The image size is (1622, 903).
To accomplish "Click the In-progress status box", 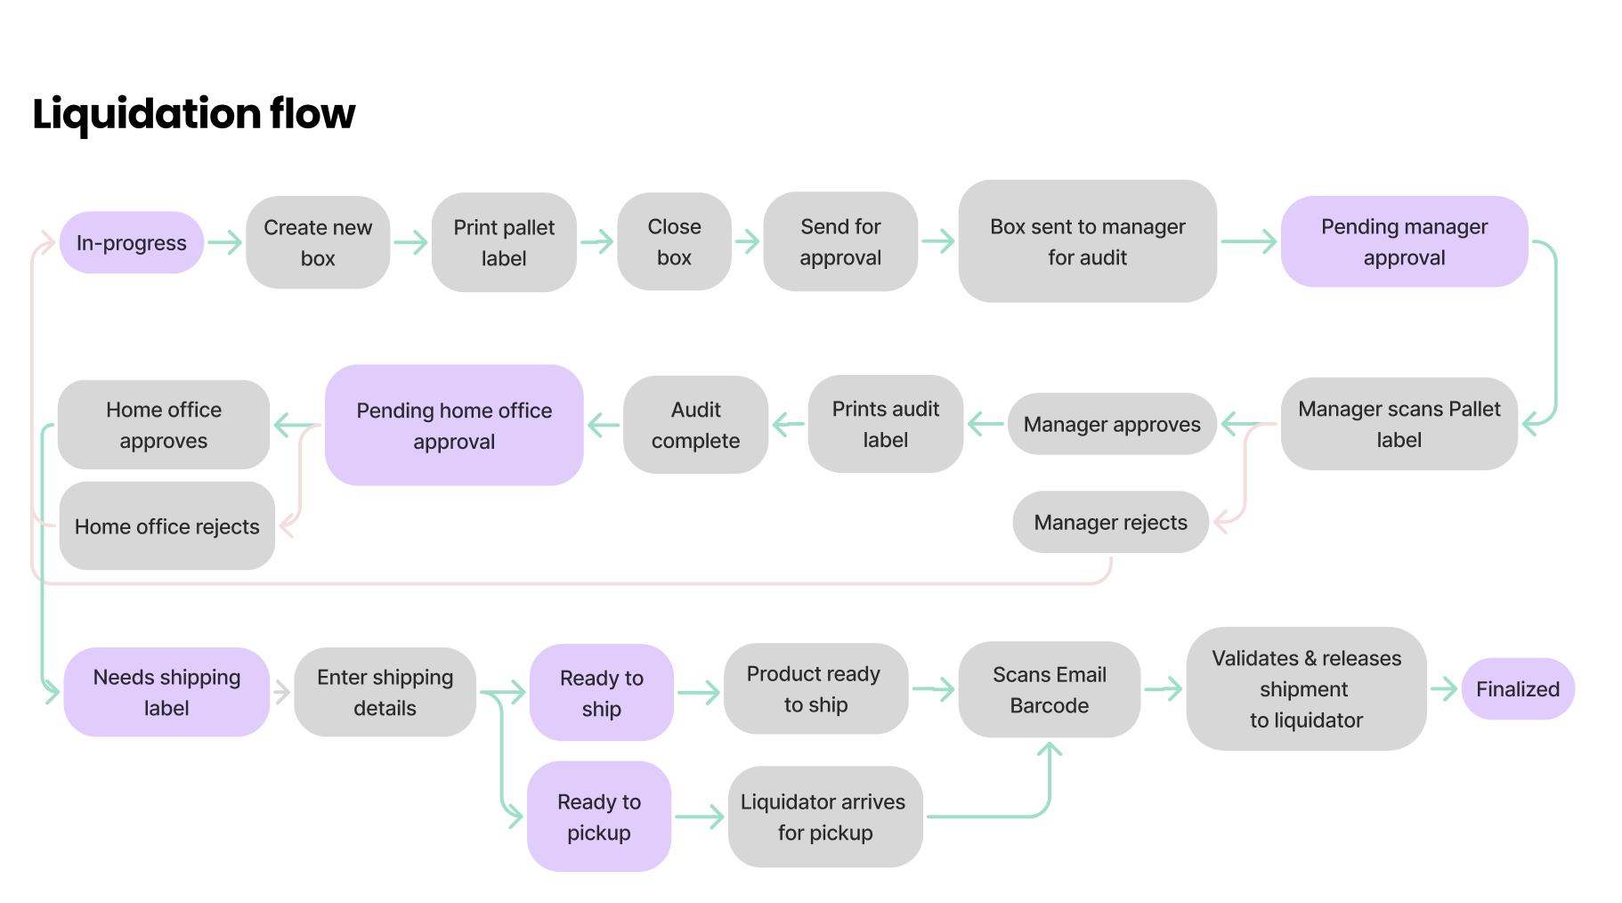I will click(132, 242).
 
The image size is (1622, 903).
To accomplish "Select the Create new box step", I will click(318, 242).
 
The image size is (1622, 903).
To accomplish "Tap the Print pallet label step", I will click(504, 242).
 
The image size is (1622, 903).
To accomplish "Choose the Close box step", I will click(674, 241).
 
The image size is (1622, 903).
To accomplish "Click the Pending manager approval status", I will click(1404, 241).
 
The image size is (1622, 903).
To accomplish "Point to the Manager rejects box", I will click(1110, 522).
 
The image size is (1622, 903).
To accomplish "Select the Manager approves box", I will click(1112, 424).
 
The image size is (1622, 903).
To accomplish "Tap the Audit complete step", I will click(695, 425).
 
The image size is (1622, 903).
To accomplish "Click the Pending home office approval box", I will click(454, 425).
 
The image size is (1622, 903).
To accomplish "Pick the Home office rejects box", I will click(167, 526).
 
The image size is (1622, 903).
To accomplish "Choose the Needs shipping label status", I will click(166, 692).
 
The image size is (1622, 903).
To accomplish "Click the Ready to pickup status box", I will click(599, 817).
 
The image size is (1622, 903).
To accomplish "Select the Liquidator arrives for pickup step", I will click(824, 817).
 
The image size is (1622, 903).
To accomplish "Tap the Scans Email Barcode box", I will click(1049, 689).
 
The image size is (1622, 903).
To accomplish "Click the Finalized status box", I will click(1517, 688).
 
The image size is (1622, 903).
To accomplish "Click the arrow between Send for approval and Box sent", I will click(938, 240).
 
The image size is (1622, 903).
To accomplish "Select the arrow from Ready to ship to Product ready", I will click(699, 692).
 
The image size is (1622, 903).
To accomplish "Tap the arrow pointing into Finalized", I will click(1443, 688).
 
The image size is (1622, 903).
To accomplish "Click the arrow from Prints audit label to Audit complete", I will click(788, 424).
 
